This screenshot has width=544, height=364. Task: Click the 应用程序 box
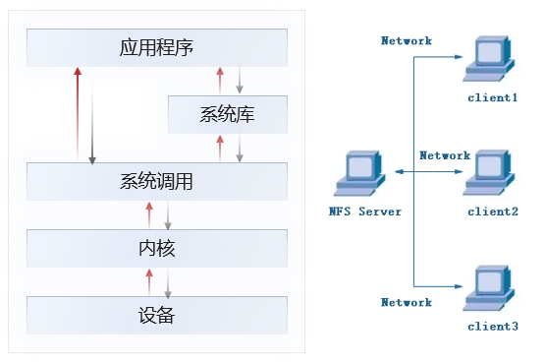pyautogui.click(x=157, y=46)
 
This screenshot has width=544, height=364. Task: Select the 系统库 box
pyautogui.click(x=227, y=113)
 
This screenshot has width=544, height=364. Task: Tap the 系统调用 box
pyautogui.click(x=157, y=181)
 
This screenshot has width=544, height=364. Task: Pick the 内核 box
pyautogui.click(x=157, y=248)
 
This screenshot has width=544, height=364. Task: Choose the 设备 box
pyautogui.click(x=157, y=315)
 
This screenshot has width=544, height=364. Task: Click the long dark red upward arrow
pyautogui.click(x=77, y=113)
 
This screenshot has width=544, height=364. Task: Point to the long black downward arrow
pyautogui.click(x=92, y=113)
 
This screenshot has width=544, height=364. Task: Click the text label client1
pyautogui.click(x=492, y=98)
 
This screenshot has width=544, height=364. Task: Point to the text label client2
pyautogui.click(x=492, y=212)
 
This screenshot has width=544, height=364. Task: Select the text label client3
pyautogui.click(x=492, y=326)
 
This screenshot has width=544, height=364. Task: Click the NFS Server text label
pyautogui.click(x=365, y=212)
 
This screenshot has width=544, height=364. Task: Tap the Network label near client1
pyautogui.click(x=407, y=41)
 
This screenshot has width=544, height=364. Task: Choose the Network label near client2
pyautogui.click(x=445, y=155)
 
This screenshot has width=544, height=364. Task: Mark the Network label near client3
pyautogui.click(x=407, y=303)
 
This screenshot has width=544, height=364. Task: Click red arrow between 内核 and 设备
pyautogui.click(x=149, y=281)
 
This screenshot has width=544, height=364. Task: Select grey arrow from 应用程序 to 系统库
pyautogui.click(x=239, y=80)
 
